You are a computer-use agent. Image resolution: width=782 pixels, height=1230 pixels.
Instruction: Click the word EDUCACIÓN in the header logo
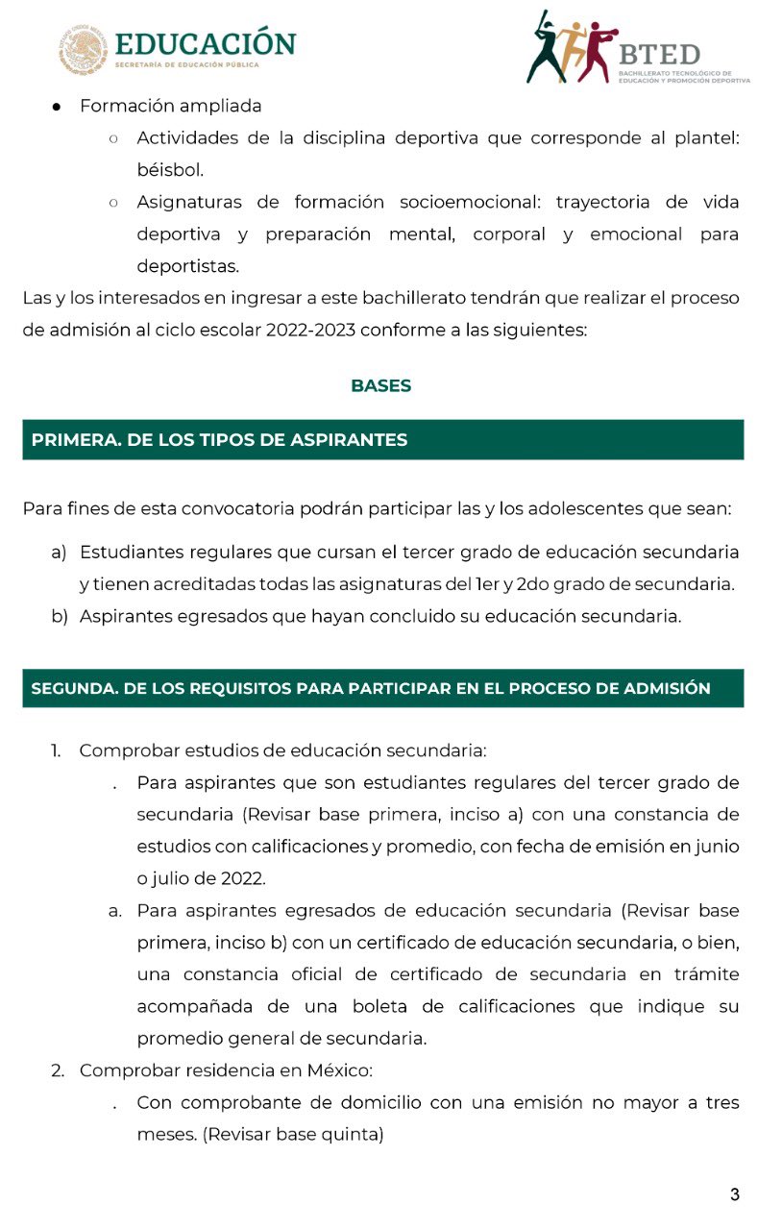point(205,43)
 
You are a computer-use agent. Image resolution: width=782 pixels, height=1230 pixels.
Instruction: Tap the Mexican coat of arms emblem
point(84,48)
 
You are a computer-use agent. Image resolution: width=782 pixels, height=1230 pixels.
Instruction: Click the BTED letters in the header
point(659,54)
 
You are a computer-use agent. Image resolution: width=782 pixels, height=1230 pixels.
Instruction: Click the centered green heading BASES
point(381,386)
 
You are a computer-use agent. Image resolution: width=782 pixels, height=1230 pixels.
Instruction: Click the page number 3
point(735,1195)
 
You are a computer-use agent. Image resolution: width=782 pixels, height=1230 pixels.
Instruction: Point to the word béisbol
point(170,170)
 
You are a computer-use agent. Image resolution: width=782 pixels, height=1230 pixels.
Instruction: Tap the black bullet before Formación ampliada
point(58,107)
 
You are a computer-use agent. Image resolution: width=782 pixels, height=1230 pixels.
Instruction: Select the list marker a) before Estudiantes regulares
point(59,553)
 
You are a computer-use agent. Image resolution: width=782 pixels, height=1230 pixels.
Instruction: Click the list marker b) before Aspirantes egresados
point(60,617)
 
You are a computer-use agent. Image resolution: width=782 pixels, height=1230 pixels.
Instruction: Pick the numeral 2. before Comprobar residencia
point(58,1070)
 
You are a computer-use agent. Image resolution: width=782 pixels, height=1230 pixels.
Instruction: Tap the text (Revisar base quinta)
point(293,1135)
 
